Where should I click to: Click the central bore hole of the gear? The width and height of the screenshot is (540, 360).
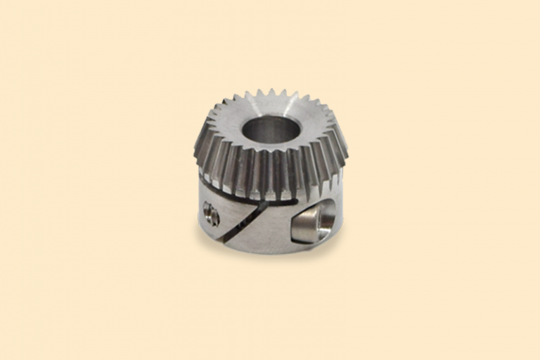click(270, 131)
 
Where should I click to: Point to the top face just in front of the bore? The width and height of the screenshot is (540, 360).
click(270, 155)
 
